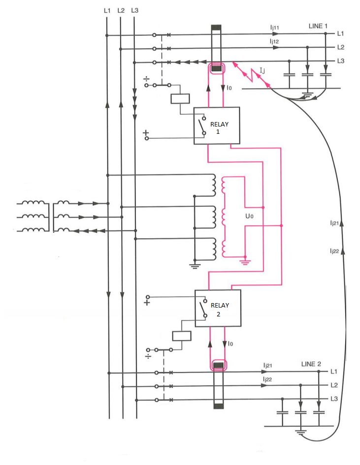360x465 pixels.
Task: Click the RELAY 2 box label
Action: (x=220, y=309)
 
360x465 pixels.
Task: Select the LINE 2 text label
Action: (x=311, y=364)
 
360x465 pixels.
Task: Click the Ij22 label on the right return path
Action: (x=334, y=251)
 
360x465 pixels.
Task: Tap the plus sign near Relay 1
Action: (x=146, y=134)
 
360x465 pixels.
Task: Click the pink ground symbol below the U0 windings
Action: (x=244, y=259)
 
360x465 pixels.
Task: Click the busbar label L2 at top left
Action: (x=122, y=10)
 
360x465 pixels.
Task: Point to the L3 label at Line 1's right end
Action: (x=340, y=61)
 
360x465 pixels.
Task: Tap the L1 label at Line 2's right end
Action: (x=333, y=372)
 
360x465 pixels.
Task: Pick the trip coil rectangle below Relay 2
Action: (x=181, y=336)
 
